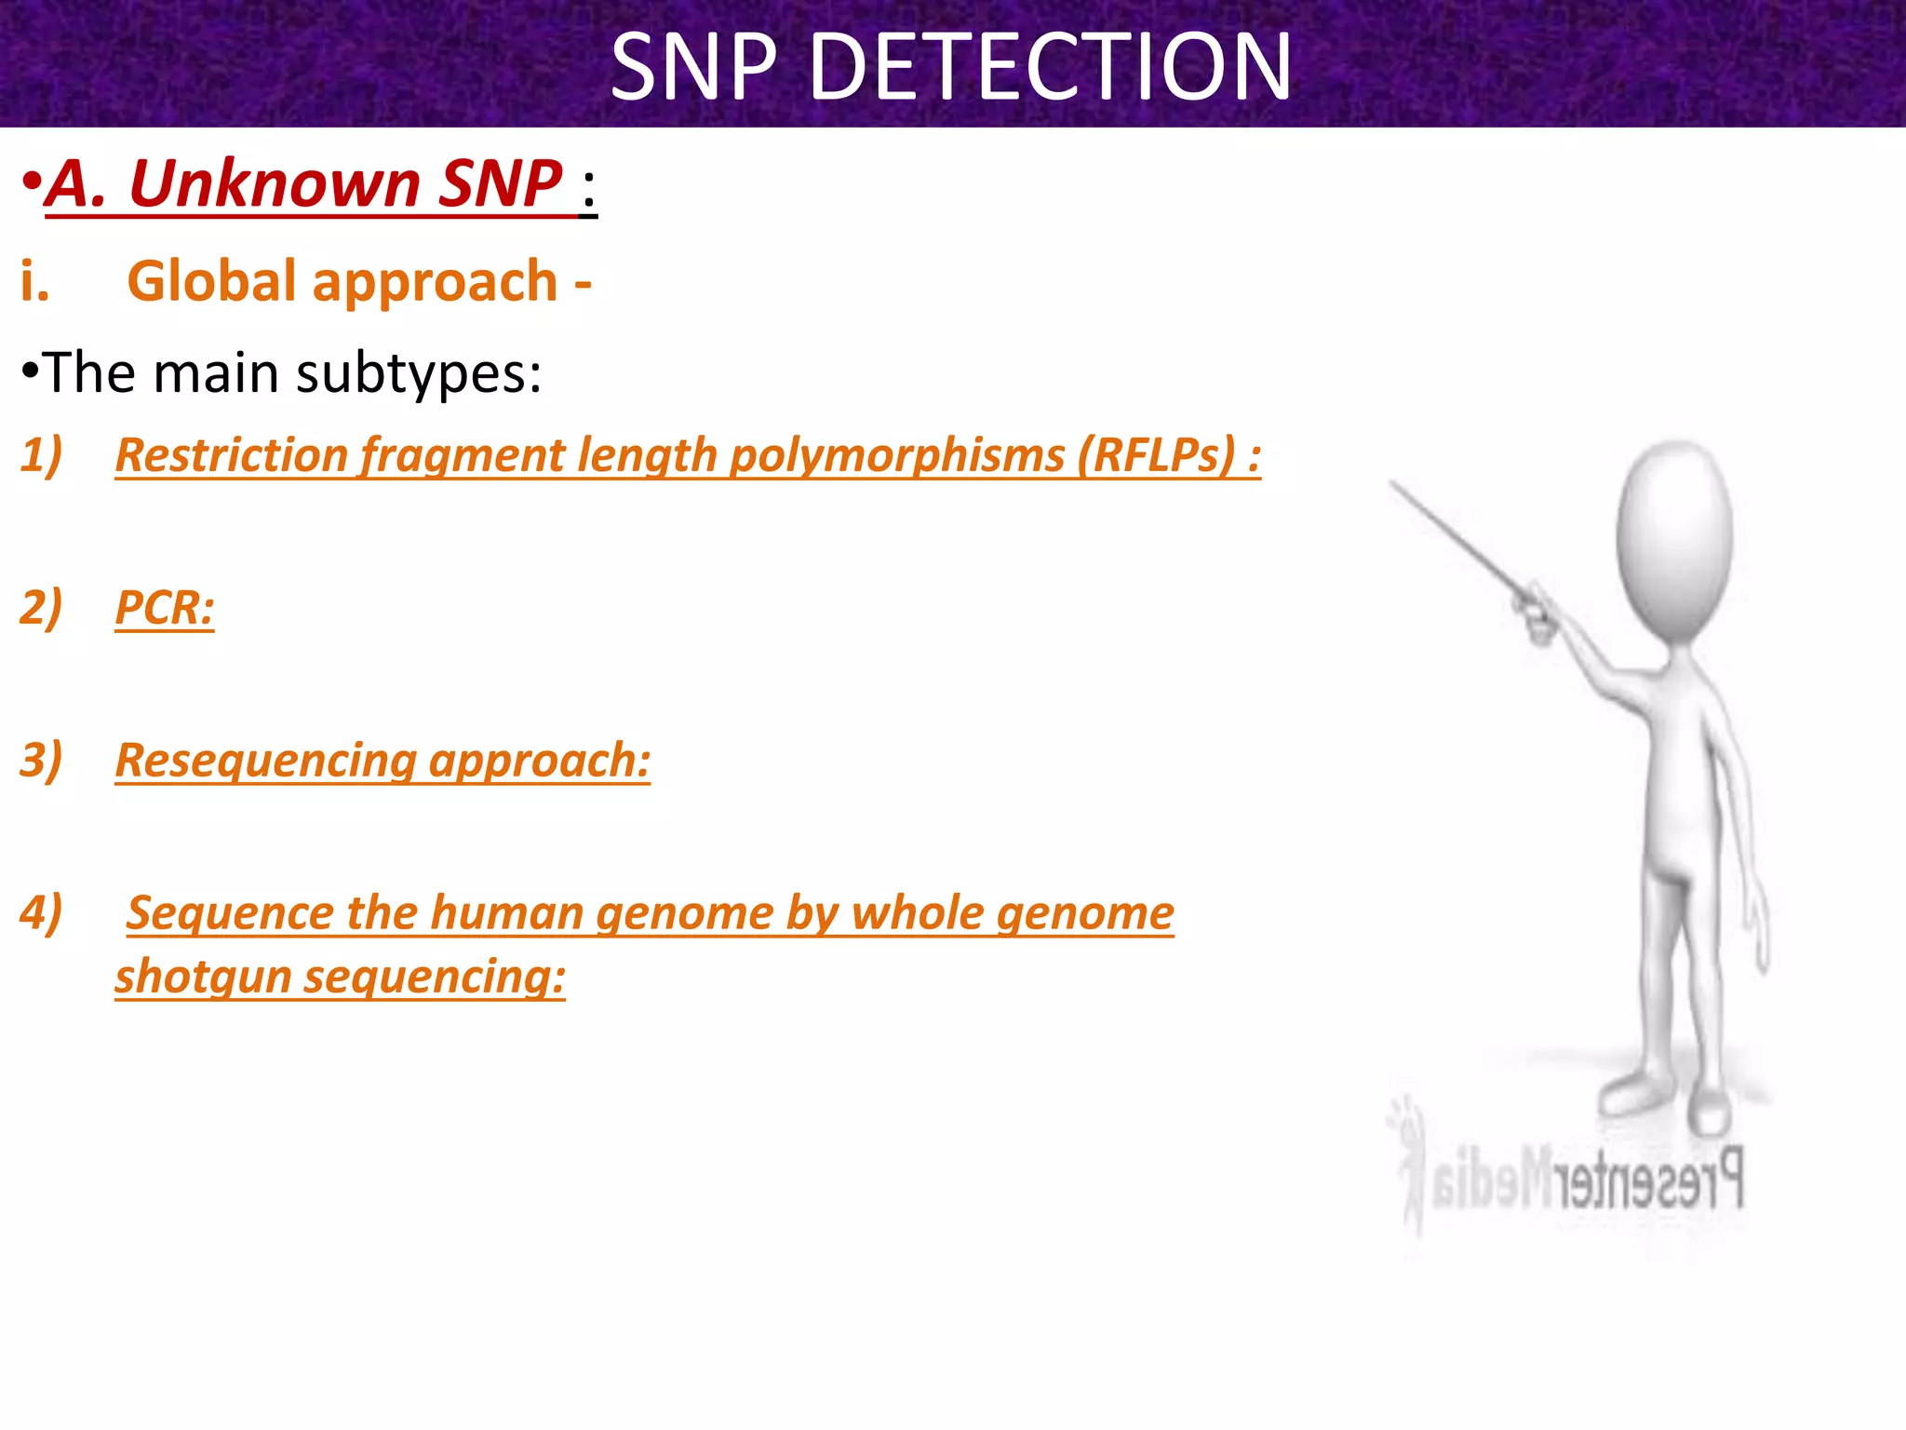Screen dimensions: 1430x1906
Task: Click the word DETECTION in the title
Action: (1051, 67)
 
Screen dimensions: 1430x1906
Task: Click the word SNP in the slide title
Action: (693, 67)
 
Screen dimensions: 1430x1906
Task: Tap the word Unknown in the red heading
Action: (275, 183)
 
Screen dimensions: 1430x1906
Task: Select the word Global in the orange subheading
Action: (211, 281)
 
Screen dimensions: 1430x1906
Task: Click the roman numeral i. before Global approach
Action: (34, 281)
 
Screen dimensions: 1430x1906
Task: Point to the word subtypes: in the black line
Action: (418, 373)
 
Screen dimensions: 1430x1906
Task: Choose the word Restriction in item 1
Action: (232, 455)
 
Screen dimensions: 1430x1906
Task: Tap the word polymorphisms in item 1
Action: (896, 455)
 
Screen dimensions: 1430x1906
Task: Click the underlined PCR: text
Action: (165, 608)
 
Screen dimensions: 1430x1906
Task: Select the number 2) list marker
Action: (41, 608)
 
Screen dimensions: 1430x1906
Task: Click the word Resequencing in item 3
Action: (265, 761)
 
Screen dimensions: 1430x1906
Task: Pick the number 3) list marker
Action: (41, 761)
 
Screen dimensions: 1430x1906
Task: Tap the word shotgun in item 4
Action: (203, 977)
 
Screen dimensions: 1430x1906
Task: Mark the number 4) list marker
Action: (41, 912)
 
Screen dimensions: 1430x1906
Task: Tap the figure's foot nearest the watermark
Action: (1709, 1113)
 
